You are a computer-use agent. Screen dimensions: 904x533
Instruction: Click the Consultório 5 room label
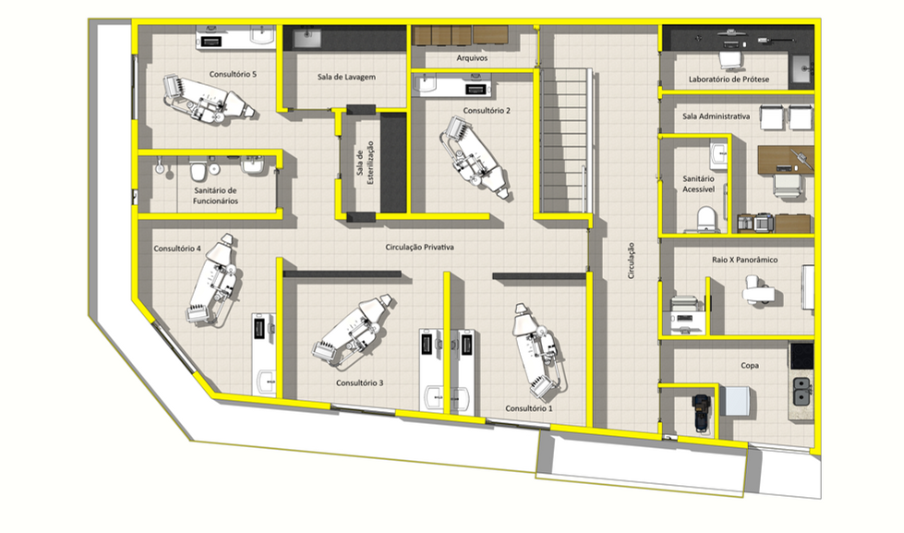coord(233,74)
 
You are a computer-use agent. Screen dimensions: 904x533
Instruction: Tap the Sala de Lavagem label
coord(346,77)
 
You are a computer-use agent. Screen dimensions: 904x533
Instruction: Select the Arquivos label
coord(472,57)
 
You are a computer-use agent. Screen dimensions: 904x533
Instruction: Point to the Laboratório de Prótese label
coord(729,79)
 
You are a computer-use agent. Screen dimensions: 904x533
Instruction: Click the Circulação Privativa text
coord(419,247)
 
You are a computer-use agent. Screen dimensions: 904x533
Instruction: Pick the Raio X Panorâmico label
coord(744,260)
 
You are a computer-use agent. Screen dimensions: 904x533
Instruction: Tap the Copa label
coord(750,365)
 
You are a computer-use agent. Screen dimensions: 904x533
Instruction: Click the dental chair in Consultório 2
coord(475,157)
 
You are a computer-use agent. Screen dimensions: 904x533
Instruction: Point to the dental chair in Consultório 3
coord(354,331)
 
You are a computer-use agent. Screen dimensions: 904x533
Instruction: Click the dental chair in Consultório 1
coord(538,351)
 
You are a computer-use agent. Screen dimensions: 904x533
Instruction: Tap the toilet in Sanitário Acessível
coord(705,220)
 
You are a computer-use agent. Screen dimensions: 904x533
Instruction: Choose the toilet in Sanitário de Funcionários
coord(198,170)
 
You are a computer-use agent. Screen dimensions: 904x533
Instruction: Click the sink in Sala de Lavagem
coord(307,38)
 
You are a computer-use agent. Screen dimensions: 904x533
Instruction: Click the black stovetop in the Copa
coord(802,356)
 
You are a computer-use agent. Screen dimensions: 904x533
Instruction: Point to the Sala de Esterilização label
coord(365,163)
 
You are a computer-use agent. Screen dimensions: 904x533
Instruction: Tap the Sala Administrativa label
coord(716,116)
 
